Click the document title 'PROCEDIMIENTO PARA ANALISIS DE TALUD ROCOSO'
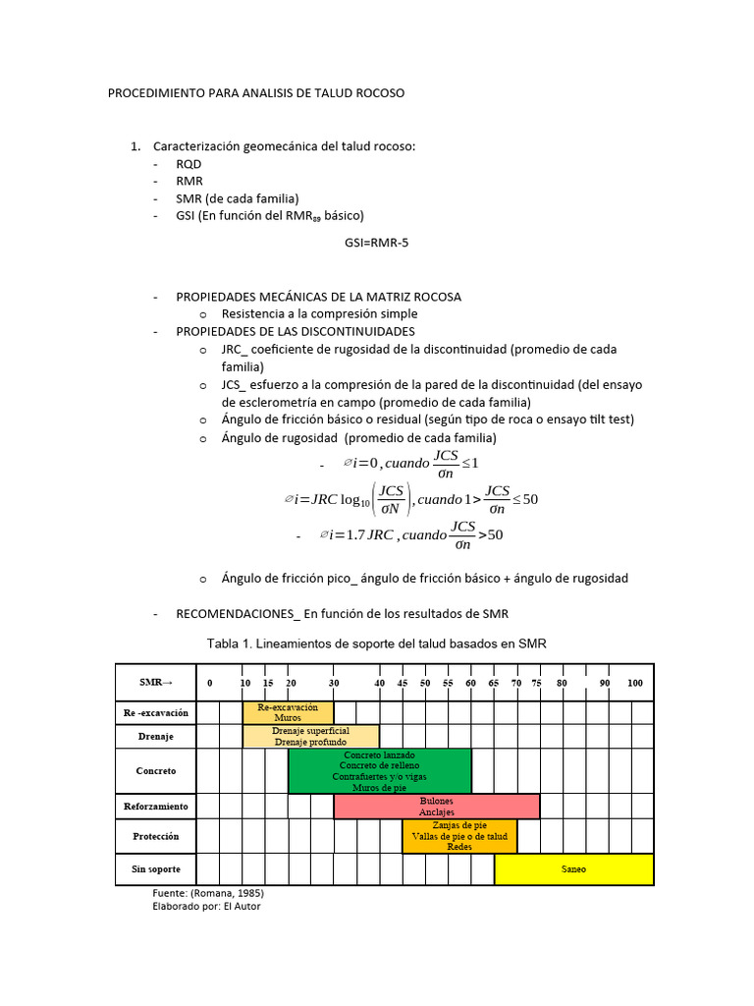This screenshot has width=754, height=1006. coord(255,93)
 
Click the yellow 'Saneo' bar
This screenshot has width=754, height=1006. coord(574,869)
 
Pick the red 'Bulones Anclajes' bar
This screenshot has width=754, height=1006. coord(437,807)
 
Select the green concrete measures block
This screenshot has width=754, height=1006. coord(379,771)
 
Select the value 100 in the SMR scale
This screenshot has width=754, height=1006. coord(635,683)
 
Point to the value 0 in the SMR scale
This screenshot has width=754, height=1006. coord(209,683)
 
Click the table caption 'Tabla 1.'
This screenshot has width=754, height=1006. coord(376,643)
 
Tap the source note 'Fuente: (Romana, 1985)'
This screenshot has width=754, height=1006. coord(208,894)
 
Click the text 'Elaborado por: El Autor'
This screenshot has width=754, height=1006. coord(207,907)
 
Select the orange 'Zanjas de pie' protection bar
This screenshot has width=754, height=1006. coord(459,836)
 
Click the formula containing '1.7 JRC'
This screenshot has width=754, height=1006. coord(412,536)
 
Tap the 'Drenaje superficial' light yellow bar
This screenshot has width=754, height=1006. coord(310,736)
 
